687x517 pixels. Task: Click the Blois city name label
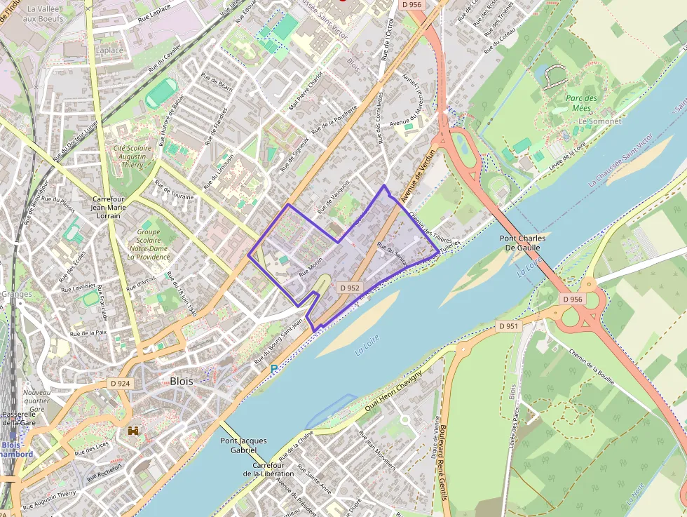point(182,381)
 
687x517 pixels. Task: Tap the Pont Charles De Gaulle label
point(523,243)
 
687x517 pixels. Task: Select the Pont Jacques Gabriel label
point(243,445)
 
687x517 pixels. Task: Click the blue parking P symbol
point(274,368)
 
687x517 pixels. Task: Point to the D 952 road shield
point(349,288)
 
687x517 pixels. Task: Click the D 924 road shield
point(121,384)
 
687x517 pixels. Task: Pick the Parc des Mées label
point(582,103)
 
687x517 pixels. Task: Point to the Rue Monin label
point(311,264)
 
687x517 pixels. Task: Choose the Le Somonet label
point(599,121)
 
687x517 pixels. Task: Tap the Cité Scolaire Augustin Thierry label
point(132,156)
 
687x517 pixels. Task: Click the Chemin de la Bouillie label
point(592,367)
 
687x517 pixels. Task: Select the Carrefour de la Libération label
point(268,470)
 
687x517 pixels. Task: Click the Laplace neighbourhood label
point(109,51)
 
